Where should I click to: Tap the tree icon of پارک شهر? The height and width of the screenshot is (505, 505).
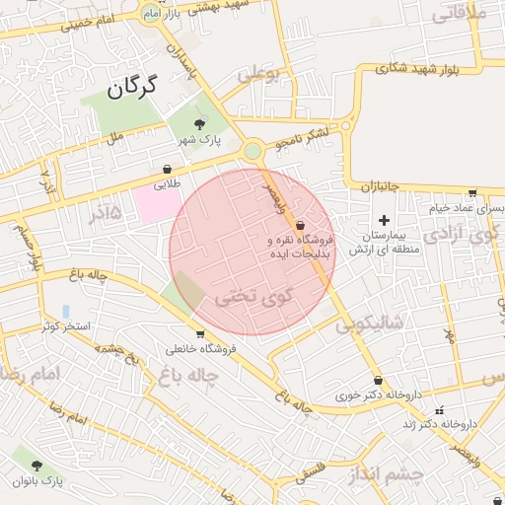[x=200, y=124]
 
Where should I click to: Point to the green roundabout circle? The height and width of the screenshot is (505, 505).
[x=253, y=151]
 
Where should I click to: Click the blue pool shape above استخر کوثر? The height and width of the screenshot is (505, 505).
[x=65, y=311]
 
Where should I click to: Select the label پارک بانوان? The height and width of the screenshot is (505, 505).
[x=38, y=480]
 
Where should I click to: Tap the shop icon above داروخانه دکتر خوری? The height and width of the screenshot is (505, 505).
[x=378, y=381]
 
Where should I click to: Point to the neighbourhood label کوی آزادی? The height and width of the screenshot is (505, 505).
[x=461, y=235]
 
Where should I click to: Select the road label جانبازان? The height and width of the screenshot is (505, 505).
[x=374, y=185]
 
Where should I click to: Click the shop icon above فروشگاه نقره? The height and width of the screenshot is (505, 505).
[x=300, y=226]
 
